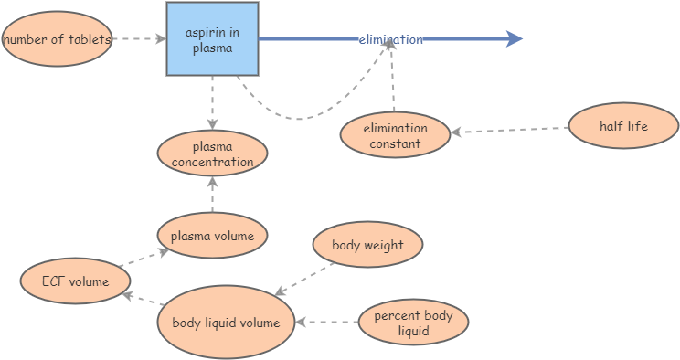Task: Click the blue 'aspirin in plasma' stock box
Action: (212, 39)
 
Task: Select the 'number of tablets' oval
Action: (57, 39)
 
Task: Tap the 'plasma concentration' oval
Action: (212, 154)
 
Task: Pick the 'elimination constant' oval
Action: (396, 135)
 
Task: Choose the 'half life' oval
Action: (623, 126)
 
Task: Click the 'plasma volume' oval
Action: (212, 236)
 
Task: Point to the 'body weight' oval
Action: (368, 245)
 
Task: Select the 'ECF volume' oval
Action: (75, 281)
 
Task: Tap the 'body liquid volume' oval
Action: (226, 323)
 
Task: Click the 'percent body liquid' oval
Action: (413, 323)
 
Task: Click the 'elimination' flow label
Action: (390, 39)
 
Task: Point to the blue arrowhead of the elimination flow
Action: (515, 39)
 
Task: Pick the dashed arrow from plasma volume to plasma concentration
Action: (212, 196)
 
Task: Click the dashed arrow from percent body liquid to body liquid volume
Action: (326, 322)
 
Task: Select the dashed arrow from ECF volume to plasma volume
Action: (143, 258)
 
